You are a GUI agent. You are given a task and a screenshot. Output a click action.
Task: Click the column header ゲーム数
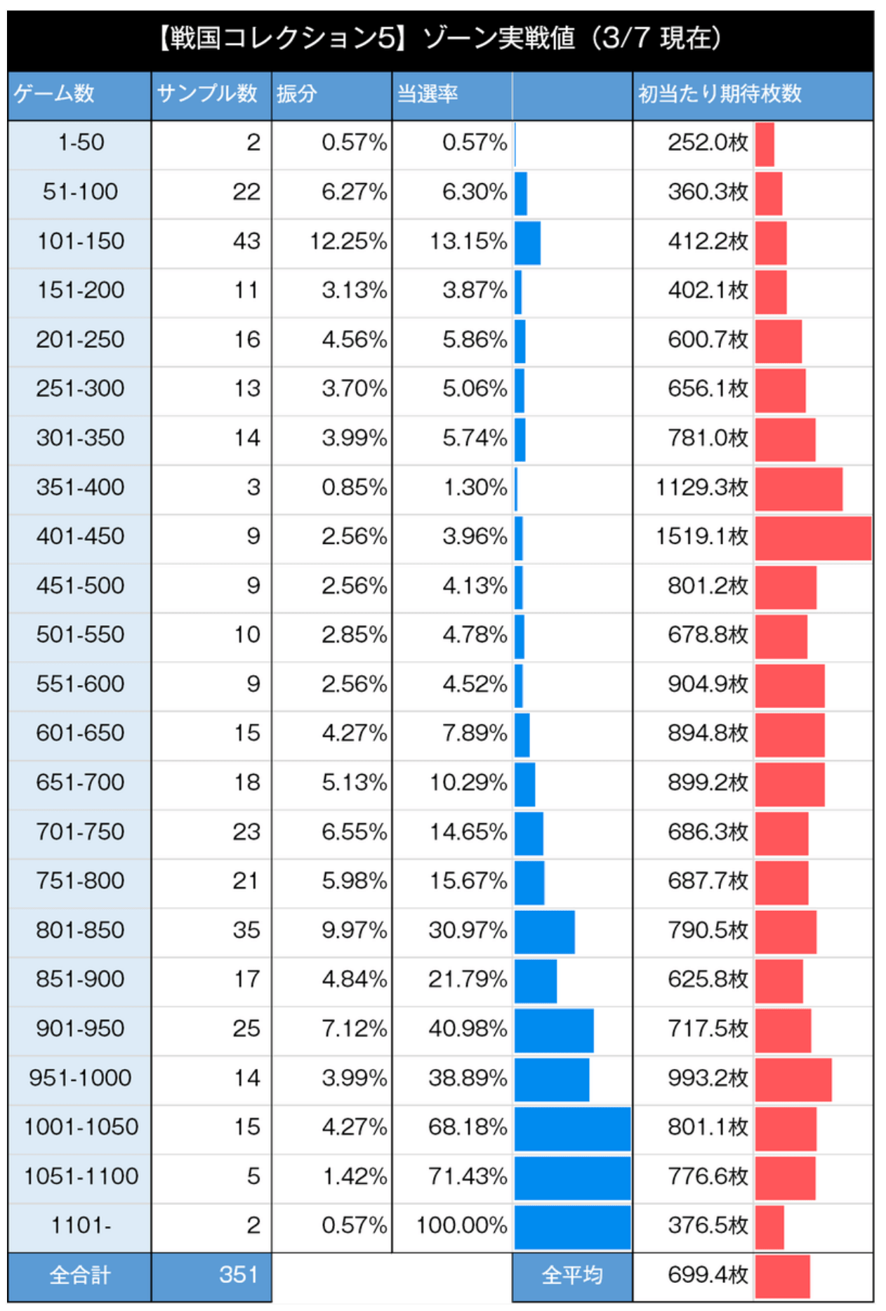[x=54, y=93]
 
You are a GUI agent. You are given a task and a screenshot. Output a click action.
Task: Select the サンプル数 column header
[x=207, y=93]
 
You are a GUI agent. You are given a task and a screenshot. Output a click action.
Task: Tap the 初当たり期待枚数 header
[x=720, y=93]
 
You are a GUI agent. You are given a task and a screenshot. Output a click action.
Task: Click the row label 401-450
[x=80, y=536]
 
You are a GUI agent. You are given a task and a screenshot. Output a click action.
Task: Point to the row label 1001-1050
[x=81, y=1127]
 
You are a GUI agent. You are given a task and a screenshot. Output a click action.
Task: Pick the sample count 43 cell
[x=246, y=241]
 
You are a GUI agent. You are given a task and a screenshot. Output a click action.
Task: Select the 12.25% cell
[x=348, y=241]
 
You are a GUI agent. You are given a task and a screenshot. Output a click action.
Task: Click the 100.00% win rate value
[x=461, y=1225]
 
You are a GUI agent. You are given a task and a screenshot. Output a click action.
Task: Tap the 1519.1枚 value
[x=702, y=536]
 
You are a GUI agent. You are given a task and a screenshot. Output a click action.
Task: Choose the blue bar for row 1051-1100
[x=572, y=1178]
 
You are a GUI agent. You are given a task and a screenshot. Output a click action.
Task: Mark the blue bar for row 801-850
[x=545, y=932]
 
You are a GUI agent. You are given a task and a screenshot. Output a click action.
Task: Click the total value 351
[x=238, y=1275]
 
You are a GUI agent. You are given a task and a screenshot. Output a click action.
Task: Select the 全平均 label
[x=572, y=1275]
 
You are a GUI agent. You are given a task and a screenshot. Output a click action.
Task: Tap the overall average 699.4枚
[x=708, y=1275]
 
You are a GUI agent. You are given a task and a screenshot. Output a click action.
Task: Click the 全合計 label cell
[x=80, y=1275]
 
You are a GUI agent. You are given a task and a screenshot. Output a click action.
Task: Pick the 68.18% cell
[x=468, y=1127]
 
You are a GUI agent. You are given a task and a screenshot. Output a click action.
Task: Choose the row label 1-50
[x=81, y=142]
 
